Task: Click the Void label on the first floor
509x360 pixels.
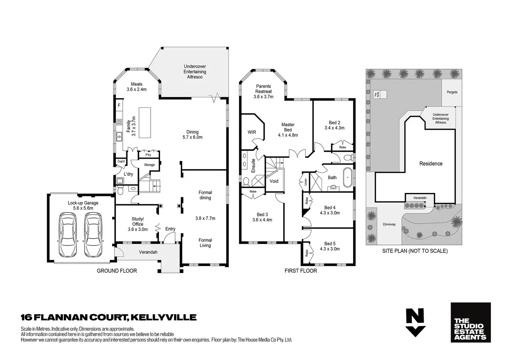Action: tap(274, 181)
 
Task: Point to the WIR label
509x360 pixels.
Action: tap(252, 132)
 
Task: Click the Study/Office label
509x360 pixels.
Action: tap(138, 221)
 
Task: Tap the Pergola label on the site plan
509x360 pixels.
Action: tap(452, 92)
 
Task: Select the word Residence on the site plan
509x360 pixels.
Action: tap(431, 164)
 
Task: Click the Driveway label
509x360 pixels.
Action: tap(389, 224)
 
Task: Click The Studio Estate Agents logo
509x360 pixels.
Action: tap(471, 322)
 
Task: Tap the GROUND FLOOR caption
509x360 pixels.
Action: tap(117, 271)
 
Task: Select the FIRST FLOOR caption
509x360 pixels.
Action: tap(301, 271)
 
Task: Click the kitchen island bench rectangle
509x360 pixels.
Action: tap(145, 118)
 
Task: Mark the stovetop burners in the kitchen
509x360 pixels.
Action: tap(119, 122)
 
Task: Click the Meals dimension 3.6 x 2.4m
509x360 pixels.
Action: tap(137, 89)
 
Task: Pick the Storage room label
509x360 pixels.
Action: tap(149, 165)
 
